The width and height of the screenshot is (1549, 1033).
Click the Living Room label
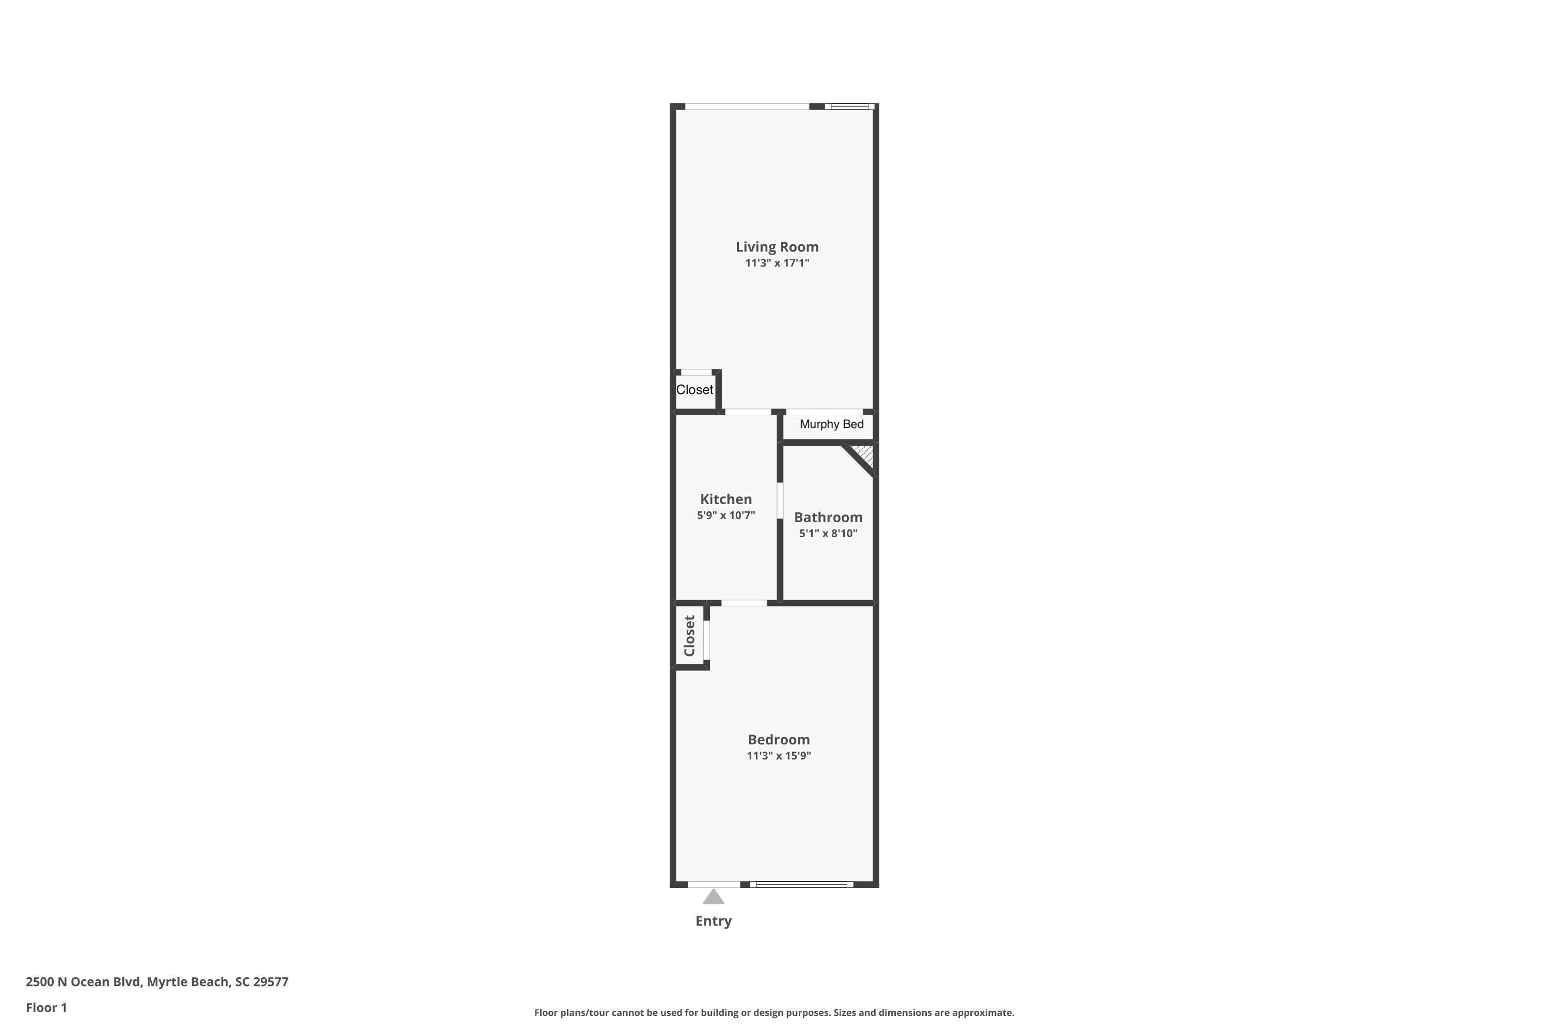point(777,247)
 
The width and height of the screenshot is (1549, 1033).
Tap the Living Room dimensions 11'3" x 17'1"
point(777,263)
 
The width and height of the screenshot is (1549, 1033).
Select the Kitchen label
point(726,499)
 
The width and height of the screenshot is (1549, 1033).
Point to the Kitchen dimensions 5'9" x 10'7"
point(726,515)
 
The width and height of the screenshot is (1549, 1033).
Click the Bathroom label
point(828,517)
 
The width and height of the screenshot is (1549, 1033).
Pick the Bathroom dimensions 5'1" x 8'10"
point(828,533)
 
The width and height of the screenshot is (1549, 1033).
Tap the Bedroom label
point(779,739)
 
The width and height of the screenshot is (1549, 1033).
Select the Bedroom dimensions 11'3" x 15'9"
point(779,756)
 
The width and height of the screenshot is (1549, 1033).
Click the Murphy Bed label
point(831,424)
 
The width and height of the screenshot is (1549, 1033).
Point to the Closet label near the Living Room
point(694,389)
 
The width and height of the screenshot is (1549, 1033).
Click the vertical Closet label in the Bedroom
point(689,636)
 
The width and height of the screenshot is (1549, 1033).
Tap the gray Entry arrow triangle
point(713,897)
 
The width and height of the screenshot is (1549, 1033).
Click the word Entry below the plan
point(713,921)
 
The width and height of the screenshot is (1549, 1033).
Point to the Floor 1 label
point(46,1007)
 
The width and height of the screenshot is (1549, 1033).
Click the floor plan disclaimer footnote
point(774,1012)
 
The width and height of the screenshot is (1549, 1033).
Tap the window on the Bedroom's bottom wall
point(801,884)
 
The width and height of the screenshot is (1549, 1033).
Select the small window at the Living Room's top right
point(849,106)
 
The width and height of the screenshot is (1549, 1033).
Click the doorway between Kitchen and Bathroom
point(780,500)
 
